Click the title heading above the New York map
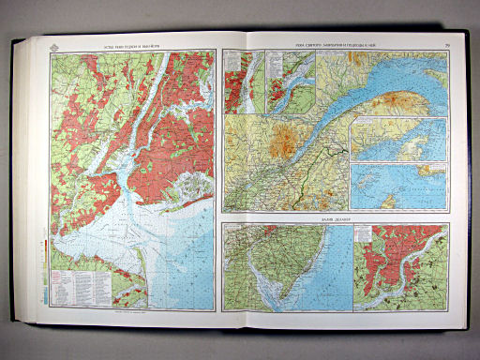(130, 44)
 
